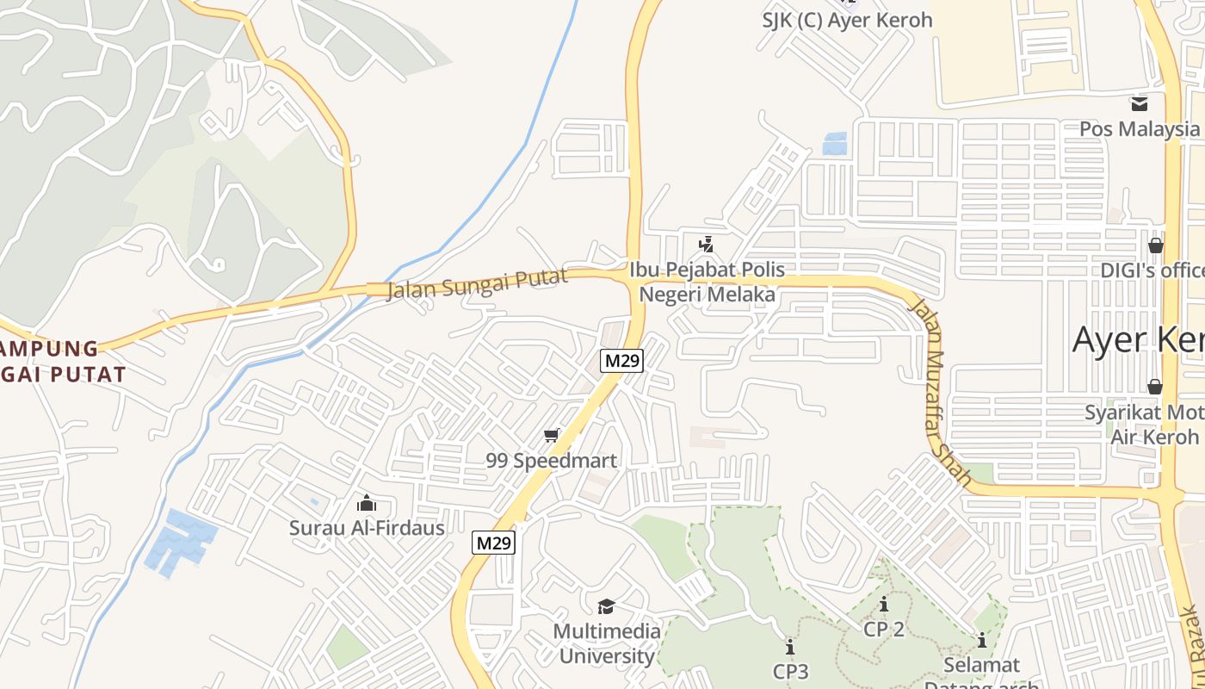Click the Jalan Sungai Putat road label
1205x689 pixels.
click(478, 282)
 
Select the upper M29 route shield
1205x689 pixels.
click(621, 361)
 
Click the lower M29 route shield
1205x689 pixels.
click(494, 543)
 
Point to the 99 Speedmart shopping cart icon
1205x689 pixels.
click(552, 436)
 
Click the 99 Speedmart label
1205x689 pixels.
click(552, 461)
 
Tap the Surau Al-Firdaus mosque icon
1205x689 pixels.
click(367, 503)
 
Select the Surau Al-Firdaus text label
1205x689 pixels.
click(367, 528)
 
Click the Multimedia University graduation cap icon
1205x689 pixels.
click(606, 606)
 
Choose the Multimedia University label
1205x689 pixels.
click(606, 643)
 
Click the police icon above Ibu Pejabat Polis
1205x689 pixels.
click(707, 245)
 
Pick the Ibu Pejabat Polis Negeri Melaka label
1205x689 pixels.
click(707, 282)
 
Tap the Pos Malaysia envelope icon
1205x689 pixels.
click(1140, 104)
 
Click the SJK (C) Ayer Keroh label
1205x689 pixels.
click(847, 20)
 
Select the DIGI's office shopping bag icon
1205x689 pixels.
click(1155, 245)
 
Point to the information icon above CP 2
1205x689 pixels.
click(884, 605)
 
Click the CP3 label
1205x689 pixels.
click(790, 671)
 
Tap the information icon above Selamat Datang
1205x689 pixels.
click(981, 641)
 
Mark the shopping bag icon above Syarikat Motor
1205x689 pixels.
click(1154, 387)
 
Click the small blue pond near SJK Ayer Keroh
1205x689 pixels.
click(835, 143)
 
